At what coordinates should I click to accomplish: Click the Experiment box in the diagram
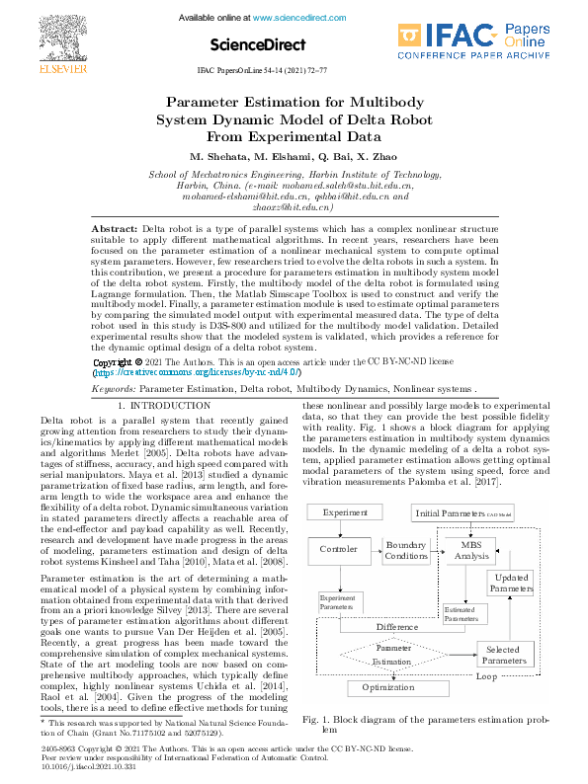click(344, 512)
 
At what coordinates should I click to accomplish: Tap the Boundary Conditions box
click(405, 551)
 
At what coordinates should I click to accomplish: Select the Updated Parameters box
click(511, 582)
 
